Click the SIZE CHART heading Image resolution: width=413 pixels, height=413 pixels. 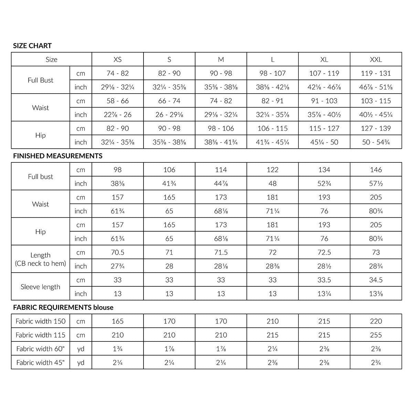32,46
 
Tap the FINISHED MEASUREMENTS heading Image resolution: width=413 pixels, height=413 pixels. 58,156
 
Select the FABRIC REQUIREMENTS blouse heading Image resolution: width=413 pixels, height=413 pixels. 63,307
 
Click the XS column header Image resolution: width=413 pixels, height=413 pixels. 117,60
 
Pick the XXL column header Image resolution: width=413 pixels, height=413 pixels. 376,60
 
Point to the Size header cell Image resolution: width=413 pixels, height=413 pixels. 51,60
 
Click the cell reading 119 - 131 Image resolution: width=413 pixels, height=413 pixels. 376,73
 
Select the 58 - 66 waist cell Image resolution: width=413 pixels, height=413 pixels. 117,101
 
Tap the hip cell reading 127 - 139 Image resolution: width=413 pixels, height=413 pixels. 376,128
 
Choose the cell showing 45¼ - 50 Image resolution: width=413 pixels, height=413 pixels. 324,142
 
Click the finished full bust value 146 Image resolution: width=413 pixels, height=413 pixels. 376,170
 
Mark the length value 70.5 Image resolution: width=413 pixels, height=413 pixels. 117,252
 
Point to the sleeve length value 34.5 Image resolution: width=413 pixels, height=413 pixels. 376,280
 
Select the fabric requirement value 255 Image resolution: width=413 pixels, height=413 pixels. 376,335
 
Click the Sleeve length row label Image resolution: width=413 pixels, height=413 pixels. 40,287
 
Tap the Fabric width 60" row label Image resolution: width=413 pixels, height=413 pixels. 40,349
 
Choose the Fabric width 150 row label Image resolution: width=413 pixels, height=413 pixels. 40,321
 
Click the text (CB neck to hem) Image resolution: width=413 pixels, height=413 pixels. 40,264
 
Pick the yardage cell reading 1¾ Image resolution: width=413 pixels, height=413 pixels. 117,349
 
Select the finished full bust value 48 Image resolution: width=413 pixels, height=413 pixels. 272,183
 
